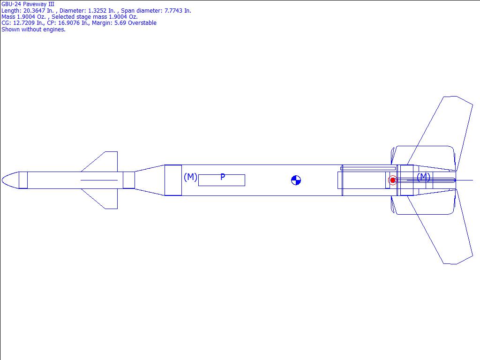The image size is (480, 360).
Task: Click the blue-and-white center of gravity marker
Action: (x=296, y=180)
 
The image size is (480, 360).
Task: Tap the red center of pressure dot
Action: (x=392, y=180)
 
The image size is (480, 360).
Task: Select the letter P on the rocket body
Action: (x=223, y=177)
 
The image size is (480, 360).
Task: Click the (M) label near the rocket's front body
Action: (x=190, y=177)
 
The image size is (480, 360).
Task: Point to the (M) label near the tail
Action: (x=423, y=177)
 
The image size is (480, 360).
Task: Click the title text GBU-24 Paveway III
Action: (x=28, y=4)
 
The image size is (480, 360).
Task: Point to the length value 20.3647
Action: (x=34, y=11)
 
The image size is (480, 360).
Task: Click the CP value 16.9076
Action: (x=69, y=23)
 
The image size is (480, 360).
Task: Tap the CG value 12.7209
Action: (x=24, y=23)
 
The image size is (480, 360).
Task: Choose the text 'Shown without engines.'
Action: (x=33, y=30)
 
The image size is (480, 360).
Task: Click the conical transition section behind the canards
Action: (x=150, y=180)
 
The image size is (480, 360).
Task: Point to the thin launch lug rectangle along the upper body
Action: (x=368, y=168)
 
